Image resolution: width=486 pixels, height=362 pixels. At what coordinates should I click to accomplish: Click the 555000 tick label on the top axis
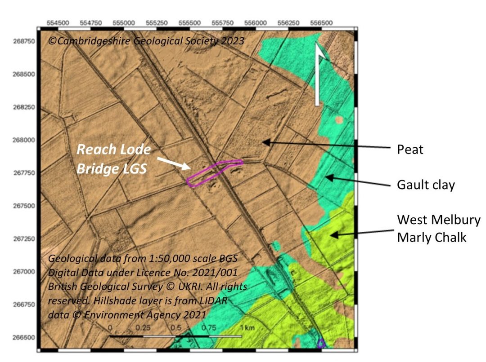coord(123,22)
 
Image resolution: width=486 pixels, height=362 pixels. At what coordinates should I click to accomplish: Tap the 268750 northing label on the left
coord(23,41)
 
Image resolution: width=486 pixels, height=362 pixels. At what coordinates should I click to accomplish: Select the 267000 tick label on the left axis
coord(23,271)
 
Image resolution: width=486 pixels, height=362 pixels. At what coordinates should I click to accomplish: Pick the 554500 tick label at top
coord(58,22)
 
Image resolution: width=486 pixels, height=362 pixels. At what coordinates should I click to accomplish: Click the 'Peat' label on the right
coord(410,149)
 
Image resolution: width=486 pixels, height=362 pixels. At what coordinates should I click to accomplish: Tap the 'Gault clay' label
coord(425,185)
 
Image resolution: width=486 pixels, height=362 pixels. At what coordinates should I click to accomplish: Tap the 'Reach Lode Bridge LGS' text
coord(113,159)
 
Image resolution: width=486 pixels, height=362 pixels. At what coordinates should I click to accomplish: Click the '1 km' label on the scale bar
coord(247,328)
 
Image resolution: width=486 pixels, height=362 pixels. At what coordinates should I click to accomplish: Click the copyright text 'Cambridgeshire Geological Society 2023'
coord(146,41)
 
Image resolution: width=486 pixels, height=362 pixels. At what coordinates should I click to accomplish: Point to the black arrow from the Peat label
coord(324,145)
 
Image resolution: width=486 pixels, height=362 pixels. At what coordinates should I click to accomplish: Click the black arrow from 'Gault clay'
coord(355,181)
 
